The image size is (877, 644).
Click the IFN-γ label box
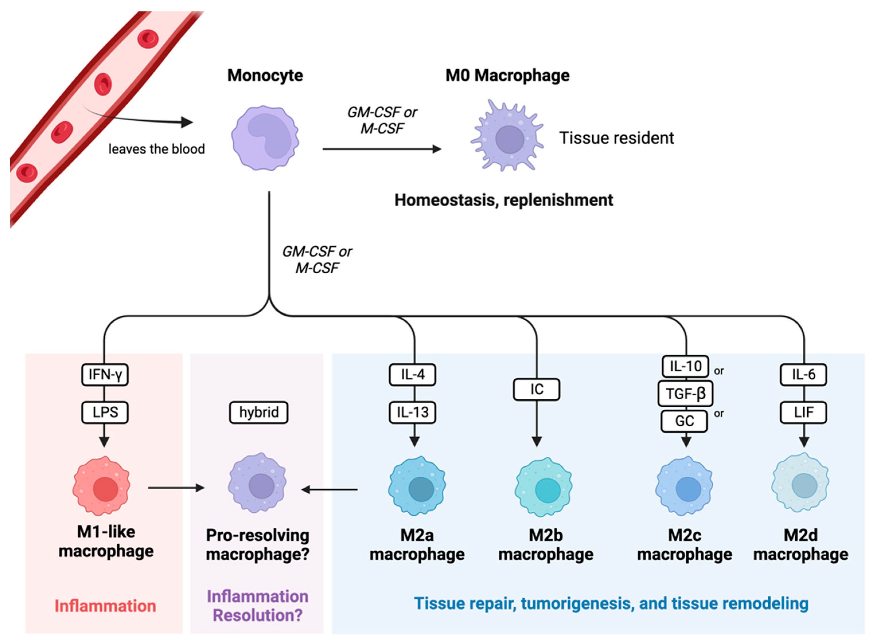coord(105,375)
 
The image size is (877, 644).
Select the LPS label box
coord(105,412)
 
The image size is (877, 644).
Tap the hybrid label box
coord(258,412)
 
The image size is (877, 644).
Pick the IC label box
coord(536,389)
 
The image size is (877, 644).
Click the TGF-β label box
coord(685,393)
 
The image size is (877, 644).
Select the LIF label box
coord(803,412)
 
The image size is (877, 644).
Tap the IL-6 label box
coord(803,375)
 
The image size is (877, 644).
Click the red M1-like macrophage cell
coord(101,486)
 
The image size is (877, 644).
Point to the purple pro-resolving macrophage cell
coord(257,483)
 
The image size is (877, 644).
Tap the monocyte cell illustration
coord(265,138)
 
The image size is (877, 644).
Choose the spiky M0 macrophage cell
coord(507,136)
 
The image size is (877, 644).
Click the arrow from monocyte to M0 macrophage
coord(382,149)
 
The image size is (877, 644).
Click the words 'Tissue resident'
coord(616,138)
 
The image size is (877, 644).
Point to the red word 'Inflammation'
coord(105,606)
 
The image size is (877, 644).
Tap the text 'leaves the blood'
coord(157,149)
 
